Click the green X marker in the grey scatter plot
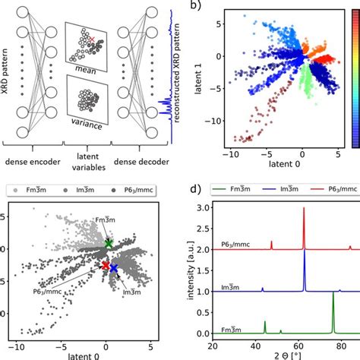108,244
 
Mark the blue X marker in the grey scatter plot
114,268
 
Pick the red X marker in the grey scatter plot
106,265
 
